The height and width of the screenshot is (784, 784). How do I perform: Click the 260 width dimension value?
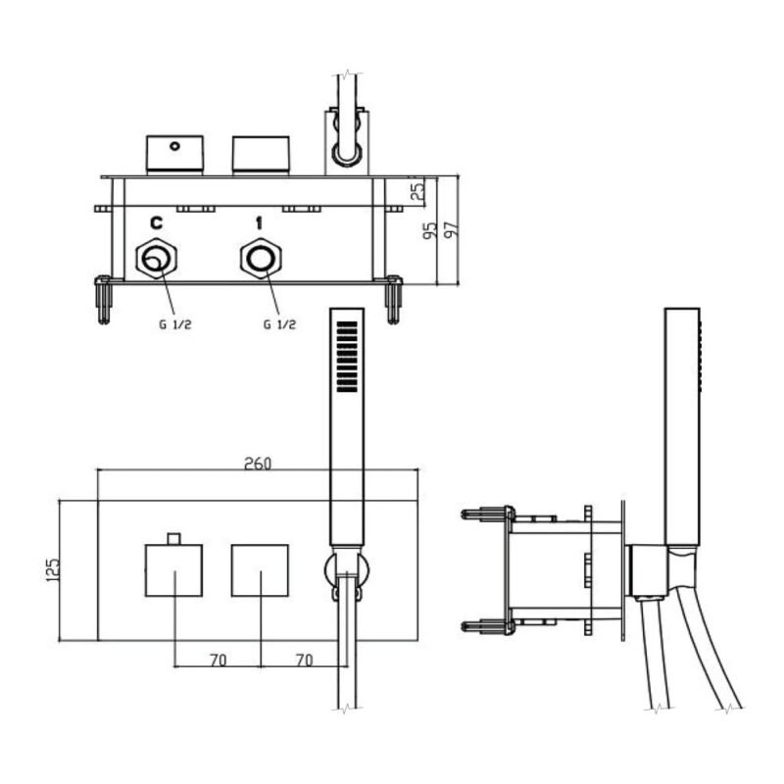tap(258, 464)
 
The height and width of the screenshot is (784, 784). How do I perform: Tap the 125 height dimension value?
tap(53, 569)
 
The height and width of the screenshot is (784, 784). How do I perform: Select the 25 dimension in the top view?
tap(417, 189)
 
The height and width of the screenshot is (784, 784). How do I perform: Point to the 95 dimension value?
tap(430, 229)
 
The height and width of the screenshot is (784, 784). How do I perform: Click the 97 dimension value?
tap(451, 228)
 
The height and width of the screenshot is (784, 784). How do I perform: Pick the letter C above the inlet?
tap(157, 223)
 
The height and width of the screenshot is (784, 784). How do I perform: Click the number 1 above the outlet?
tap(259, 223)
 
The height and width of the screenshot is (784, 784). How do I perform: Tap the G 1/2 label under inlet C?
tap(175, 324)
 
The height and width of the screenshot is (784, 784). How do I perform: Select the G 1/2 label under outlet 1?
tap(279, 324)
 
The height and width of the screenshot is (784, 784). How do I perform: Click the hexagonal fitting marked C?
tap(157, 259)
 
